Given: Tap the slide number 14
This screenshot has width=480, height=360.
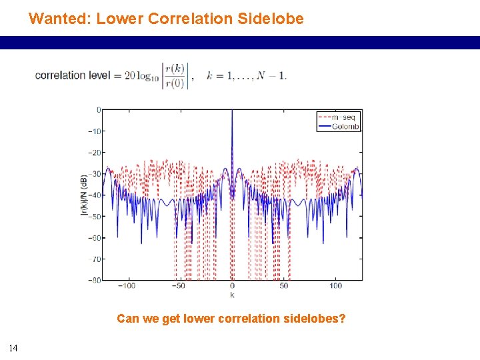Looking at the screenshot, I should point(13,347).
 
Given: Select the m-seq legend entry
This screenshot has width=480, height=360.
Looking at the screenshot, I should point(346,117).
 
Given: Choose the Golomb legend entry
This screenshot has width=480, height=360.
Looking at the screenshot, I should point(346,127).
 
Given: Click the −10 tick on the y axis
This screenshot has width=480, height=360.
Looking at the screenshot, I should point(95,131).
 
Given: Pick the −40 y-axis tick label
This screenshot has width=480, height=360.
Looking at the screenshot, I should point(95,195).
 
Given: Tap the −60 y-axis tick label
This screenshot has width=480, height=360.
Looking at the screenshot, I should point(95,237).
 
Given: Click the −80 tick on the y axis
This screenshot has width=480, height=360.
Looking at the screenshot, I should point(95,280).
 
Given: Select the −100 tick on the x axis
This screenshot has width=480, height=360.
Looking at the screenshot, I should point(126,286).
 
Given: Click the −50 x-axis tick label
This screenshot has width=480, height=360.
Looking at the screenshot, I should point(179,286).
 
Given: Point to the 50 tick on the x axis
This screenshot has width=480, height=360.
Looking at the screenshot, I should point(284,286).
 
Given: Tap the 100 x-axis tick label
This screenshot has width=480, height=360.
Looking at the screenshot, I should point(336,286).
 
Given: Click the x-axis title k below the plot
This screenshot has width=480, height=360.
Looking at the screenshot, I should point(232,294).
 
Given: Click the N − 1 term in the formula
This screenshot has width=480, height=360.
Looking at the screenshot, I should point(273,75).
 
